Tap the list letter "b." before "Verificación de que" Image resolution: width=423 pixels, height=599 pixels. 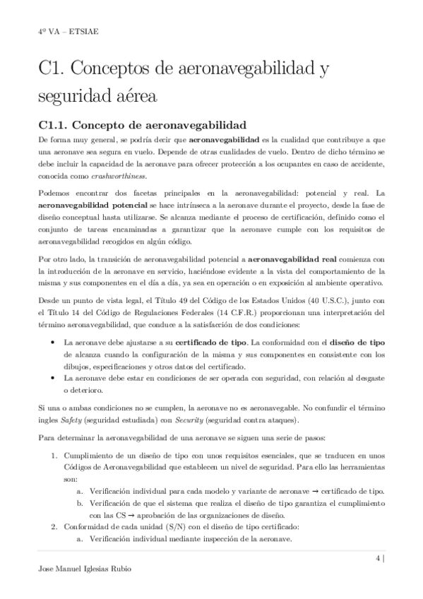(80, 503)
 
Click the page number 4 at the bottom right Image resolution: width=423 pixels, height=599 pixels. (379, 557)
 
